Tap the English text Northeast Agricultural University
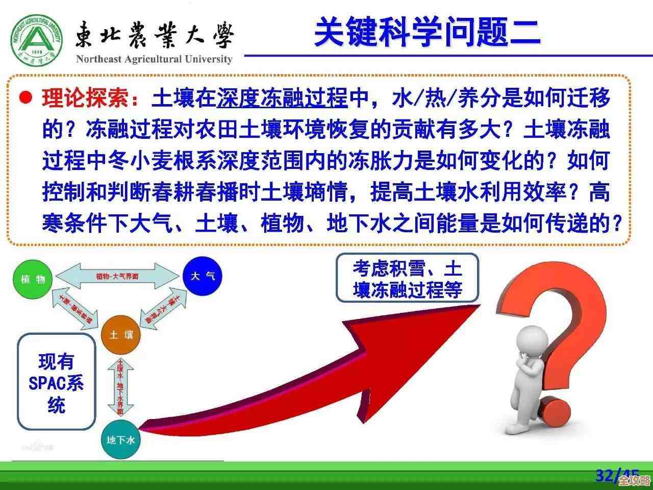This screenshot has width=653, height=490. pos(154,59)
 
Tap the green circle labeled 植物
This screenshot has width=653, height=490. pos(33,279)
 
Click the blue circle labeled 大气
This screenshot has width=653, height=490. pos(203,276)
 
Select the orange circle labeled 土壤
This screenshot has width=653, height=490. pos(121,335)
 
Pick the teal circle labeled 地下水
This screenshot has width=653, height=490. pos(121,439)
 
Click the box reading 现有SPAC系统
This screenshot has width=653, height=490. pos(57,383)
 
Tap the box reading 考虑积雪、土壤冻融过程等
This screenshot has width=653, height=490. pos(407,278)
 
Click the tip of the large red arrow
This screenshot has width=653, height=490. pos(477,306)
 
